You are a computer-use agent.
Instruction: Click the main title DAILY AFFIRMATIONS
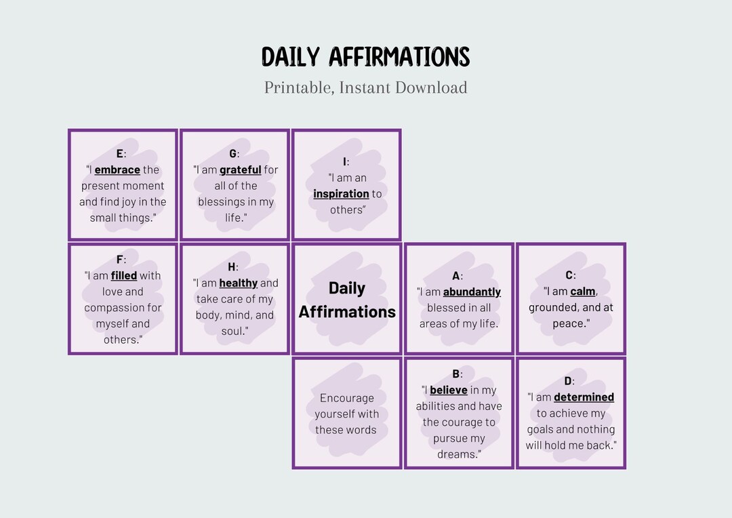pos(365,57)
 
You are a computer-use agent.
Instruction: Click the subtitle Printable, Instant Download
pos(365,87)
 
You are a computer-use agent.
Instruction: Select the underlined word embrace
pos(117,170)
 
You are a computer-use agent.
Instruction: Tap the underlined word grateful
pos(240,170)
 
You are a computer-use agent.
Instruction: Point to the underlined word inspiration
pos(341,194)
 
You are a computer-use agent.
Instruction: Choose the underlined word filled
pos(124,275)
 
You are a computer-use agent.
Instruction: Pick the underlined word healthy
pos(238,283)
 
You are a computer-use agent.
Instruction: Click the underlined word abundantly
pos(472,292)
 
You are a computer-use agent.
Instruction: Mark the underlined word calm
pos(582,291)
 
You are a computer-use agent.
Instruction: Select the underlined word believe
pos(448,390)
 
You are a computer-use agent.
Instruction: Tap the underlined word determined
pos(584,397)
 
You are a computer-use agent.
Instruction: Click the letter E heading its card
pos(120,153)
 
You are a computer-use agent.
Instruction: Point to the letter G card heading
pos(232,153)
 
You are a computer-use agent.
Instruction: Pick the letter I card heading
pos(345,161)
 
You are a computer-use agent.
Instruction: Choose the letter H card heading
pos(232,267)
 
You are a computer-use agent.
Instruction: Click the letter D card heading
pos(568,381)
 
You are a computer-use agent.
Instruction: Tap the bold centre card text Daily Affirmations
pos(347,300)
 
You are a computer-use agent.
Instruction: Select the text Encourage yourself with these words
pos(346,414)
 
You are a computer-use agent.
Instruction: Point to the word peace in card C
pos(569,323)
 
